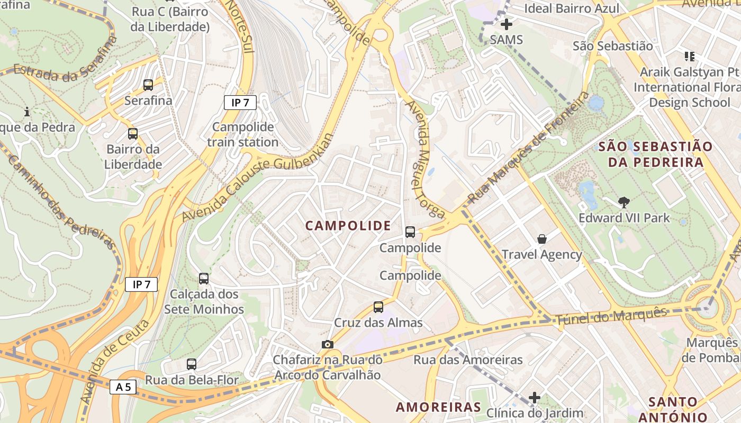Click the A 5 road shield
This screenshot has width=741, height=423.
(x=123, y=387)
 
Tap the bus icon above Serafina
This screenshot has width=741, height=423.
(x=148, y=85)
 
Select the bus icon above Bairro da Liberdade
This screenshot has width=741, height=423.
(x=133, y=134)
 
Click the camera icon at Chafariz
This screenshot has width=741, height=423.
(x=328, y=345)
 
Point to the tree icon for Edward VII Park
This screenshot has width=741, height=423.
(x=624, y=202)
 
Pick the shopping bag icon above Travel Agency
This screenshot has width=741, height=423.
(x=542, y=239)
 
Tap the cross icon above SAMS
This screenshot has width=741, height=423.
(x=507, y=24)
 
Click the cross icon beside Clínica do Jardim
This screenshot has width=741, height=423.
(x=535, y=397)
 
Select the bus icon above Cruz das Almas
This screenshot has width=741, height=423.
(x=378, y=307)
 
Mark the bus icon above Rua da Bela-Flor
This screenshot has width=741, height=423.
(x=192, y=364)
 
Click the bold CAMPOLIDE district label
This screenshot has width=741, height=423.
(x=348, y=226)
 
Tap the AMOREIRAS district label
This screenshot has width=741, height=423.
(x=439, y=407)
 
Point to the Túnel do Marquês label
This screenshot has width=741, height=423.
(x=611, y=316)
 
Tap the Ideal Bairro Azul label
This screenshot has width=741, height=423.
(x=571, y=8)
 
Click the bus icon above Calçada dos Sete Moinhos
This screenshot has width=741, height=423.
(x=204, y=278)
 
